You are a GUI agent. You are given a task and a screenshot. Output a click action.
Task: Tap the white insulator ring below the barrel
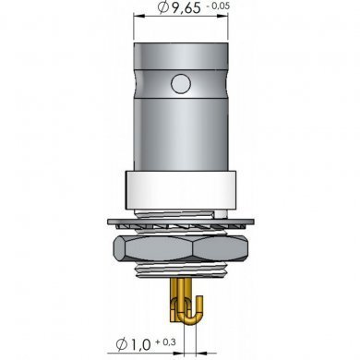pos(179,192)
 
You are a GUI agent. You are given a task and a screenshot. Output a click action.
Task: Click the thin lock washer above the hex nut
pos(179,222)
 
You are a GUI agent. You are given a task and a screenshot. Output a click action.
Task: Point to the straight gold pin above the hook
pos(179,294)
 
